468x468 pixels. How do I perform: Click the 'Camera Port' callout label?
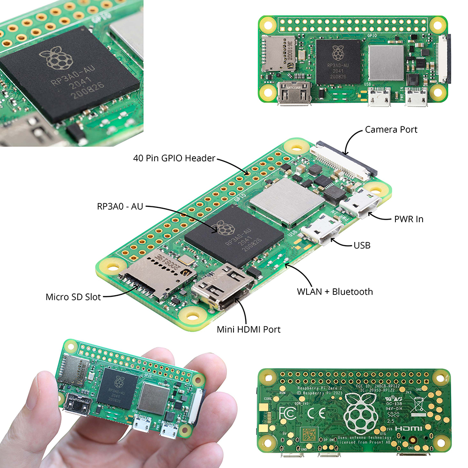coord(391,129)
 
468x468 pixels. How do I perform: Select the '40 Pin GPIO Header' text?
coord(174,158)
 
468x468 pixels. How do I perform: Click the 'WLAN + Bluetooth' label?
coord(335,292)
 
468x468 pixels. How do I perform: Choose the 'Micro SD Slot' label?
coord(73,297)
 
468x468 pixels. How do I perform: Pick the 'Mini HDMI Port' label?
coord(249,329)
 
